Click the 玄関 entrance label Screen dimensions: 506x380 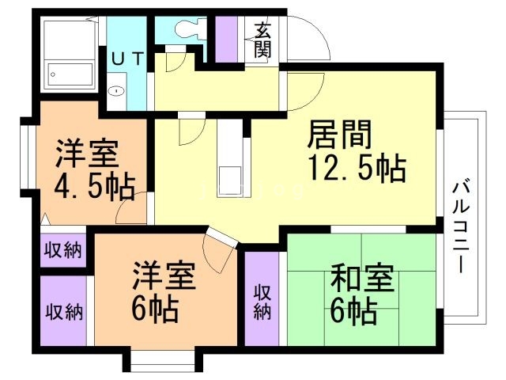pyautogui.click(x=263, y=40)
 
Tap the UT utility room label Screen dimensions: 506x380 pyautogui.click(x=127, y=59)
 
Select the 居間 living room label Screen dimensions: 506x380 pyautogui.click(x=339, y=135)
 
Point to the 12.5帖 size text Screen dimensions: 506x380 pyautogui.click(x=357, y=168)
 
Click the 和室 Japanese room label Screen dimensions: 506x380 pyautogui.click(x=362, y=278)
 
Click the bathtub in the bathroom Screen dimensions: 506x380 pyautogui.click(x=70, y=75)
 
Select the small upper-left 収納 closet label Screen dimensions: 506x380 pyautogui.click(x=63, y=250)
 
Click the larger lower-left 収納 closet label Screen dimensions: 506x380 pyautogui.click(x=64, y=312)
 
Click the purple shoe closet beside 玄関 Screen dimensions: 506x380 pyautogui.click(x=226, y=39)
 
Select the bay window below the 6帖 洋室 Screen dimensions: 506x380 pyautogui.click(x=163, y=359)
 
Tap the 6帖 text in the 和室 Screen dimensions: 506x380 pyautogui.click(x=353, y=311)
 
